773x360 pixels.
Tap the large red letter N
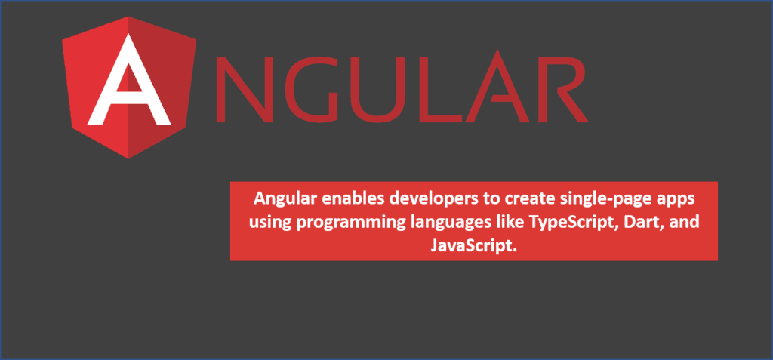pyautogui.click(x=244, y=89)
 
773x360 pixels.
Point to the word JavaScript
pyautogui.click(x=473, y=245)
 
